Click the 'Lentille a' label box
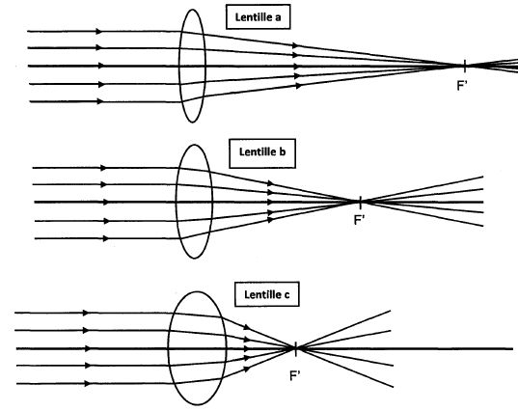(258, 16)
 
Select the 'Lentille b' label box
(262, 153)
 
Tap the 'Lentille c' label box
(267, 294)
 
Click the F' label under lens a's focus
(462, 86)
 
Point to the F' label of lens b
(359, 220)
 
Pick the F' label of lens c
(295, 375)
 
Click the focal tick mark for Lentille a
(465, 66)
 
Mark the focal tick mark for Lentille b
(361, 203)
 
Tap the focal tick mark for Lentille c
(296, 349)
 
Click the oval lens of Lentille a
(179, 66)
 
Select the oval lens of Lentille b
(177, 202)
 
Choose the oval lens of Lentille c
(169, 348)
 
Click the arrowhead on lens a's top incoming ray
(98, 32)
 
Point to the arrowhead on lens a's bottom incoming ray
(100, 101)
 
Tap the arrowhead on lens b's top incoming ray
(104, 168)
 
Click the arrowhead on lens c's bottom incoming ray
(87, 384)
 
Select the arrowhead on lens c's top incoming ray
(86, 313)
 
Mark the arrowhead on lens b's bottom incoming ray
(106, 238)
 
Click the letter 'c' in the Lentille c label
(286, 295)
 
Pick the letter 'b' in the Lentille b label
(283, 152)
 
